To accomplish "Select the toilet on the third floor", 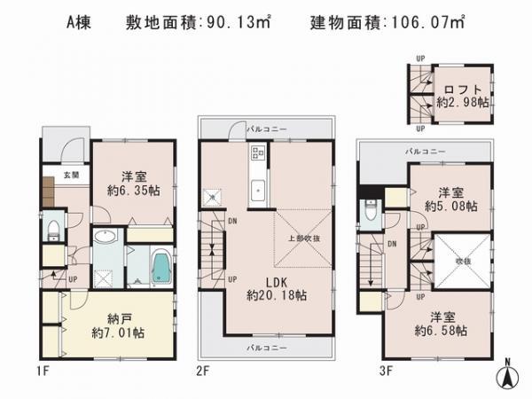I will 371,212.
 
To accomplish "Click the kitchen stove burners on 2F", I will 257,158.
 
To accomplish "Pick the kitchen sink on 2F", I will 257,189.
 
